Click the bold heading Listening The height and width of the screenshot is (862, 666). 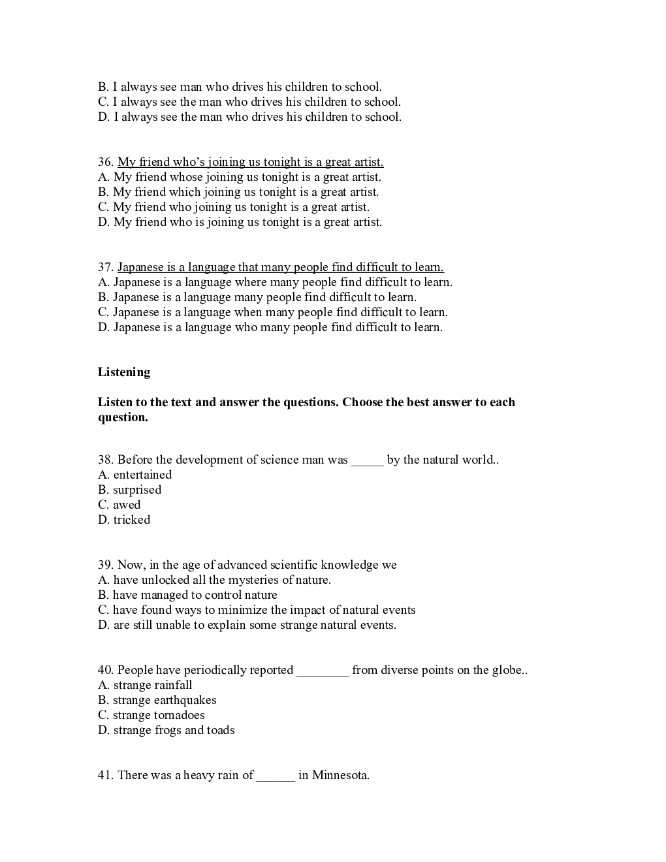tap(124, 372)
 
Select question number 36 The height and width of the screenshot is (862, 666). tap(106, 162)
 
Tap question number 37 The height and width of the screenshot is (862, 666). tap(106, 267)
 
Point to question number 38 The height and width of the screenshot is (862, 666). tap(106, 460)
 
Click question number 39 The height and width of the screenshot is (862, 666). tap(106, 565)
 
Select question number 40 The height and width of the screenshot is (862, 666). tap(106, 670)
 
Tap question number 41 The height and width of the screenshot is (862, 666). tap(106, 775)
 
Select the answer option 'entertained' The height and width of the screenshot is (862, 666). tap(142, 475)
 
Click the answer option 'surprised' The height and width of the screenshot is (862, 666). tap(136, 490)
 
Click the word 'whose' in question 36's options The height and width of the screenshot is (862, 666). tap(186, 177)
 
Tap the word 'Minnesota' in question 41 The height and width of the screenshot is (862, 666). tap(340, 775)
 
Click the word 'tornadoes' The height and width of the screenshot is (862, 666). tap(180, 715)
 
